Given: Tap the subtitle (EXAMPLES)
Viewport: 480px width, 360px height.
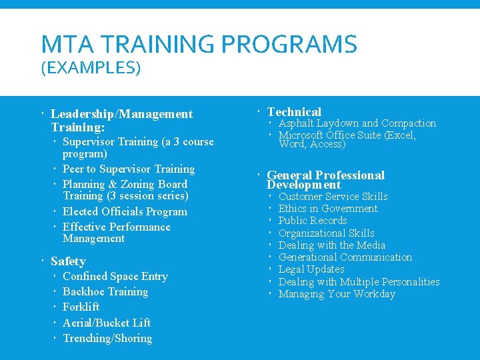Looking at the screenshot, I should pos(91,68).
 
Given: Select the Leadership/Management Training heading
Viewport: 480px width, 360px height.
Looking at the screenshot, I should pos(121,120).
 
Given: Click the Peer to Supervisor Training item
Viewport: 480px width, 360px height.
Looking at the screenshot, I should pos(129,169).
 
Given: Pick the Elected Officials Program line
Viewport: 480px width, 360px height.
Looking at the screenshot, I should pos(125,212).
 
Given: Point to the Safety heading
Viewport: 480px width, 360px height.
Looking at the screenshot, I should pos(68,261).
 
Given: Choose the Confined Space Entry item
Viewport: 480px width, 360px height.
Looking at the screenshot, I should pos(115,276).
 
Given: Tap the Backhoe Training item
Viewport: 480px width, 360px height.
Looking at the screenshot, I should pos(105,292).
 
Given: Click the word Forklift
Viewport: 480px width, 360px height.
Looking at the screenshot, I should pos(81,307).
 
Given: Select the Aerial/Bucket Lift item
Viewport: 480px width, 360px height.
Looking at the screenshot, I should pos(107,323).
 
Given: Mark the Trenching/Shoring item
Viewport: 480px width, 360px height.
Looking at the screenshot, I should pos(107,339).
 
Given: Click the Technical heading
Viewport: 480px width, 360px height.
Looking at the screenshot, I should pos(294,112).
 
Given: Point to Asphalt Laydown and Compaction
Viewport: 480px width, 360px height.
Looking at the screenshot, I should pos(357,123).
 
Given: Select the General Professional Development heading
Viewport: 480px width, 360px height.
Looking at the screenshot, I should pos(325,180).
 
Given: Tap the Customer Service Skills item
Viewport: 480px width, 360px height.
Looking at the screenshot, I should pos(333,197).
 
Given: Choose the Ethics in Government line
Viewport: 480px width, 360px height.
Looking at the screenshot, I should pos(328,209).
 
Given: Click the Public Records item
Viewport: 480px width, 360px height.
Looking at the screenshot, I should pos(313,221).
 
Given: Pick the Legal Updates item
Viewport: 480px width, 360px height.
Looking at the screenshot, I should pos(311,269).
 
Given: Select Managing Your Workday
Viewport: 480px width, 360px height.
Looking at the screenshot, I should pos(337,294).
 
